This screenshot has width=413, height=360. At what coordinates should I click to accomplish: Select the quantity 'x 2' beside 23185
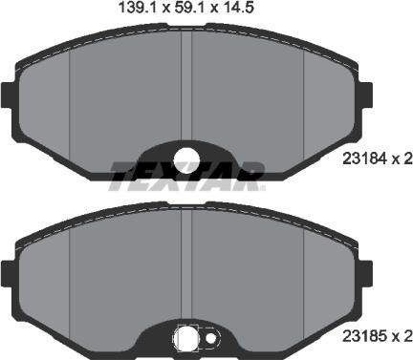[x=402, y=336]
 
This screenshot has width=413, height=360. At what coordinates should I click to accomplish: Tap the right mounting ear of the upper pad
[x=369, y=92]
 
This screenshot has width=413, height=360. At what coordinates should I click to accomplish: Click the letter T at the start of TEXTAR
[x=122, y=174]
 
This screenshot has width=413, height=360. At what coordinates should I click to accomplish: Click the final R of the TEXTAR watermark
[x=251, y=174]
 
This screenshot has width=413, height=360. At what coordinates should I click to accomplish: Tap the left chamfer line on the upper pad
[x=74, y=95]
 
